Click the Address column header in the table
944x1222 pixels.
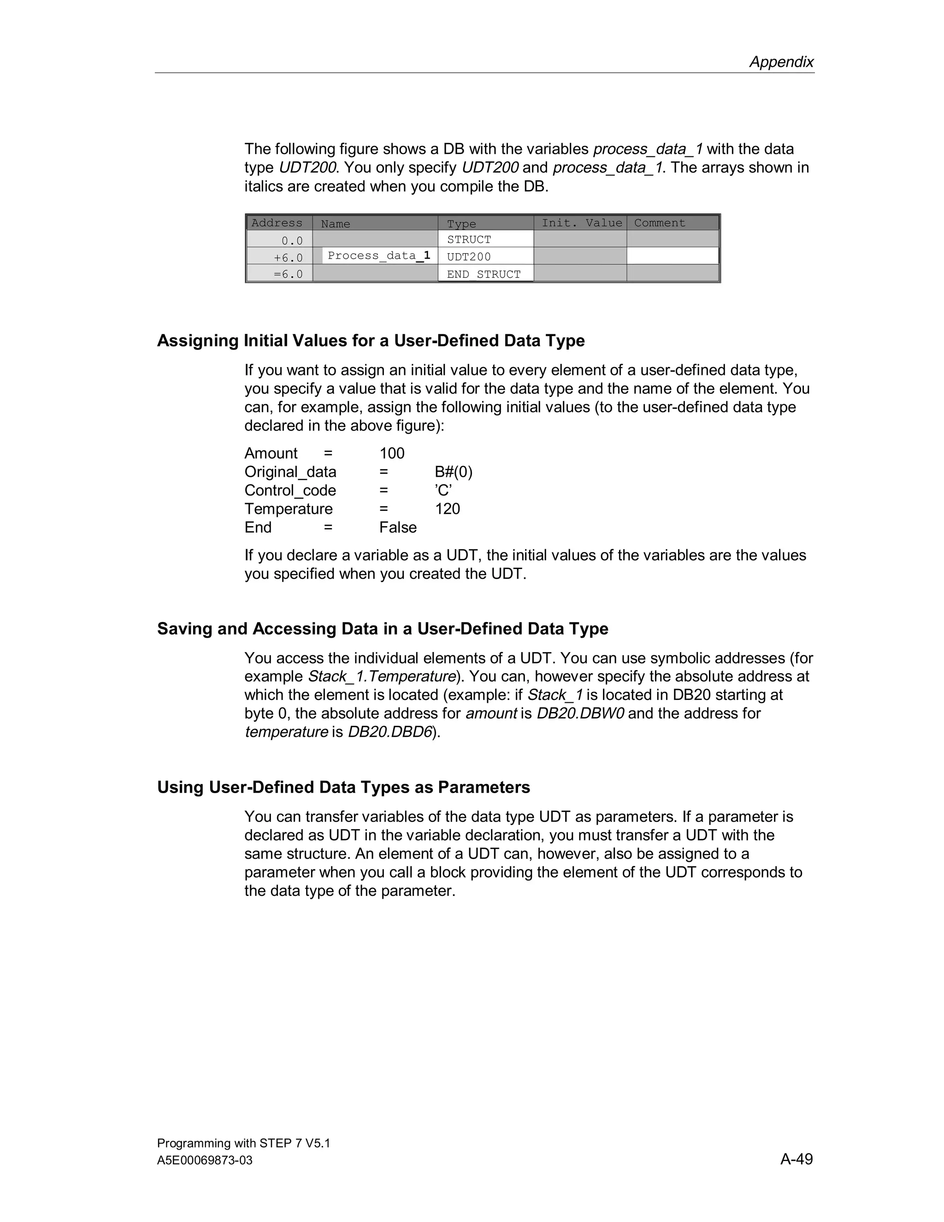point(277,223)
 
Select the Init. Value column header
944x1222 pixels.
point(581,223)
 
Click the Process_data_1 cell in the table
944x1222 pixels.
point(378,256)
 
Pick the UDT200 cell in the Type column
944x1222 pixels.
point(469,257)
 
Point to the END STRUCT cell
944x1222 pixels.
point(483,274)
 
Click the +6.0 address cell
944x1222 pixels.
point(288,257)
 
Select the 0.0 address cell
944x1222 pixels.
point(291,241)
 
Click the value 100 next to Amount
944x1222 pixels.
point(391,453)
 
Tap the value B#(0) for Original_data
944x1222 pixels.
point(454,472)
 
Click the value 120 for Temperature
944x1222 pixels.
point(448,509)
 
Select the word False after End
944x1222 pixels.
point(398,527)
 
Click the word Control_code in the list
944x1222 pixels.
point(290,490)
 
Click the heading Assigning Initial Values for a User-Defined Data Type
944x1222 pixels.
point(371,340)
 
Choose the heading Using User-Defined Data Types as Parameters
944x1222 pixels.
point(343,787)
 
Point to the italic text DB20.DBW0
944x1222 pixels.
point(580,713)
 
